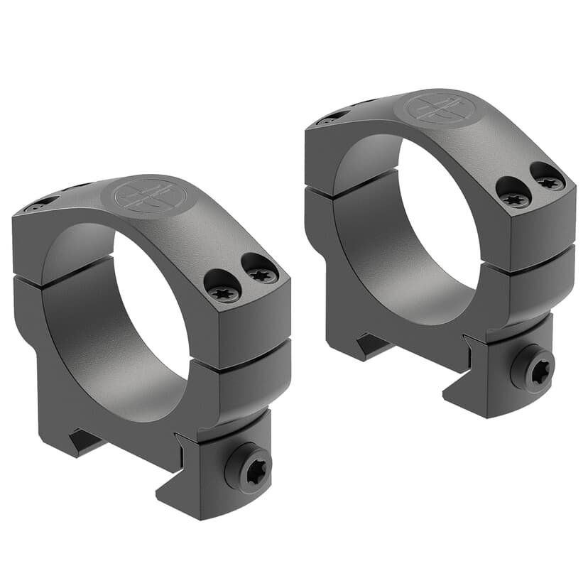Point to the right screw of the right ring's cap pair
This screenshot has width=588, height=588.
(x=548, y=180)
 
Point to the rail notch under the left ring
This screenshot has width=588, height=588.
(x=84, y=442)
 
